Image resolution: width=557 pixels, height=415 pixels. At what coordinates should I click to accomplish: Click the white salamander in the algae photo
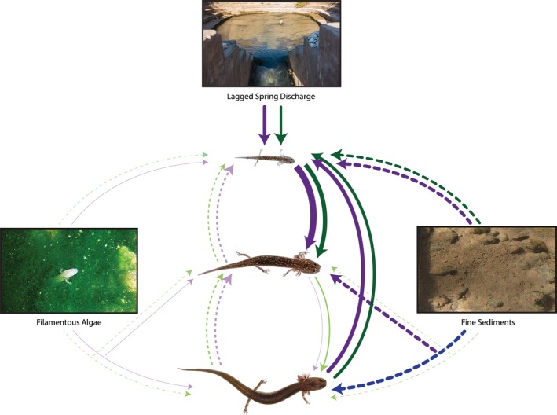67,275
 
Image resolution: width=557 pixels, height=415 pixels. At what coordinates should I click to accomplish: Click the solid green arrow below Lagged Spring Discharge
282,126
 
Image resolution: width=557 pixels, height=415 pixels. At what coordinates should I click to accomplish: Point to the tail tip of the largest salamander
180,369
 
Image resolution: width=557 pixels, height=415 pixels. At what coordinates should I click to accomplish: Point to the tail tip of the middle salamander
199,273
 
